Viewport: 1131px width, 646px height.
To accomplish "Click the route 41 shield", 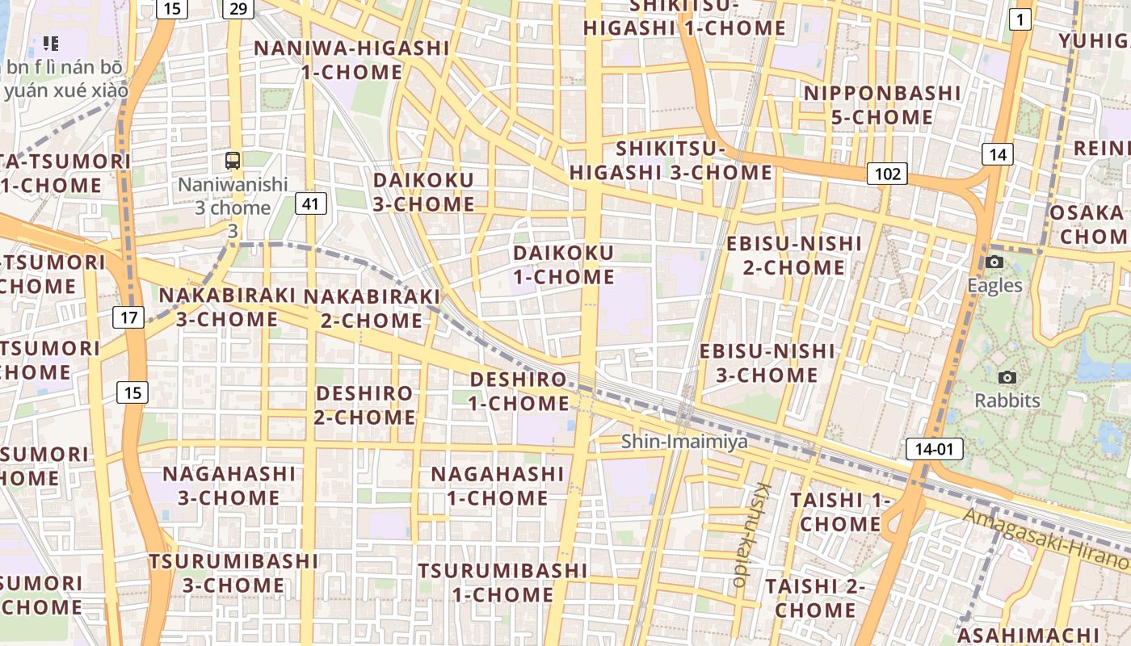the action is [311, 203].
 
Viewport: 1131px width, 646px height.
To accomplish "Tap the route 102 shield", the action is [887, 174].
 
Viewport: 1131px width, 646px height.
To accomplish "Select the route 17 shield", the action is [129, 317].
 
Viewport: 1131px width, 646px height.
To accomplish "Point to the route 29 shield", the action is [238, 8].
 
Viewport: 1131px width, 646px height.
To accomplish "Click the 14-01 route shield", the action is [935, 449].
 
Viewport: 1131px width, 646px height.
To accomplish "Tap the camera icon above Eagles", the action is [994, 262].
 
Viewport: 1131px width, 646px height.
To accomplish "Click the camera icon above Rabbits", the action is [1007, 377].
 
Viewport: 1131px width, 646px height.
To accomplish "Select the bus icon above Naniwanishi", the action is [233, 160].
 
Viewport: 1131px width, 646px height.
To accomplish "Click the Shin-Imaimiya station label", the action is [684, 442].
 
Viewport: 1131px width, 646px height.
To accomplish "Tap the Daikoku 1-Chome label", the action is [564, 265].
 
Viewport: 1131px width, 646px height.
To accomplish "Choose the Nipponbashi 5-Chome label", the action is [882, 105].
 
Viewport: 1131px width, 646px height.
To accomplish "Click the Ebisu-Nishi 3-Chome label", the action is [767, 363].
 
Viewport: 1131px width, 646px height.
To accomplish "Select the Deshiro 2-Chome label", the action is [364, 405].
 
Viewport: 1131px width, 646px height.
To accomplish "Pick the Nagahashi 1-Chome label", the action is [497, 485].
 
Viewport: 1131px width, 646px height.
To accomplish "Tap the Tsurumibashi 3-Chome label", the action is [233, 573].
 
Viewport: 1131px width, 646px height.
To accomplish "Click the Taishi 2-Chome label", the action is [814, 598].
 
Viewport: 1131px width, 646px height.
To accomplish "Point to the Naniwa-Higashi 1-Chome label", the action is [351, 60].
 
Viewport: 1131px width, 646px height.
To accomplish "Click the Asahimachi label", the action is [1041, 635].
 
